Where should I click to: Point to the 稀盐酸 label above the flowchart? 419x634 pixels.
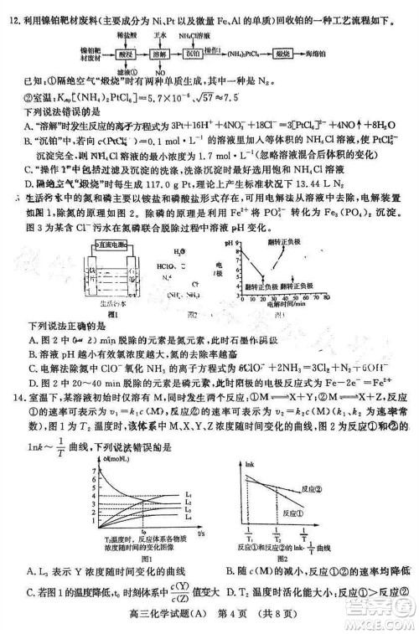[x=127, y=36]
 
